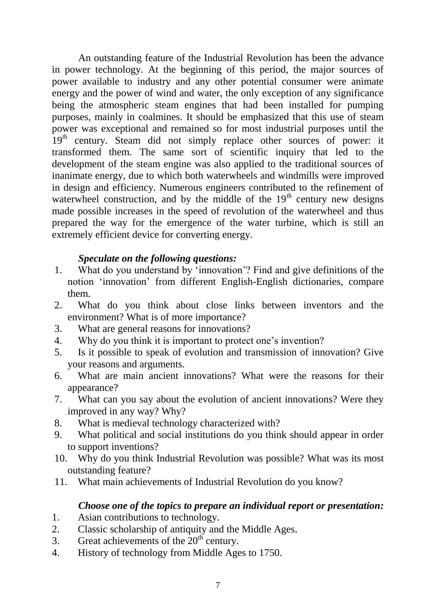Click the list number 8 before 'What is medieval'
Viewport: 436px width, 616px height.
coord(58,423)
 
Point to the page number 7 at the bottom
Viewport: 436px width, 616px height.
coord(218,585)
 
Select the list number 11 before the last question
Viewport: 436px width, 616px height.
coord(61,482)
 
